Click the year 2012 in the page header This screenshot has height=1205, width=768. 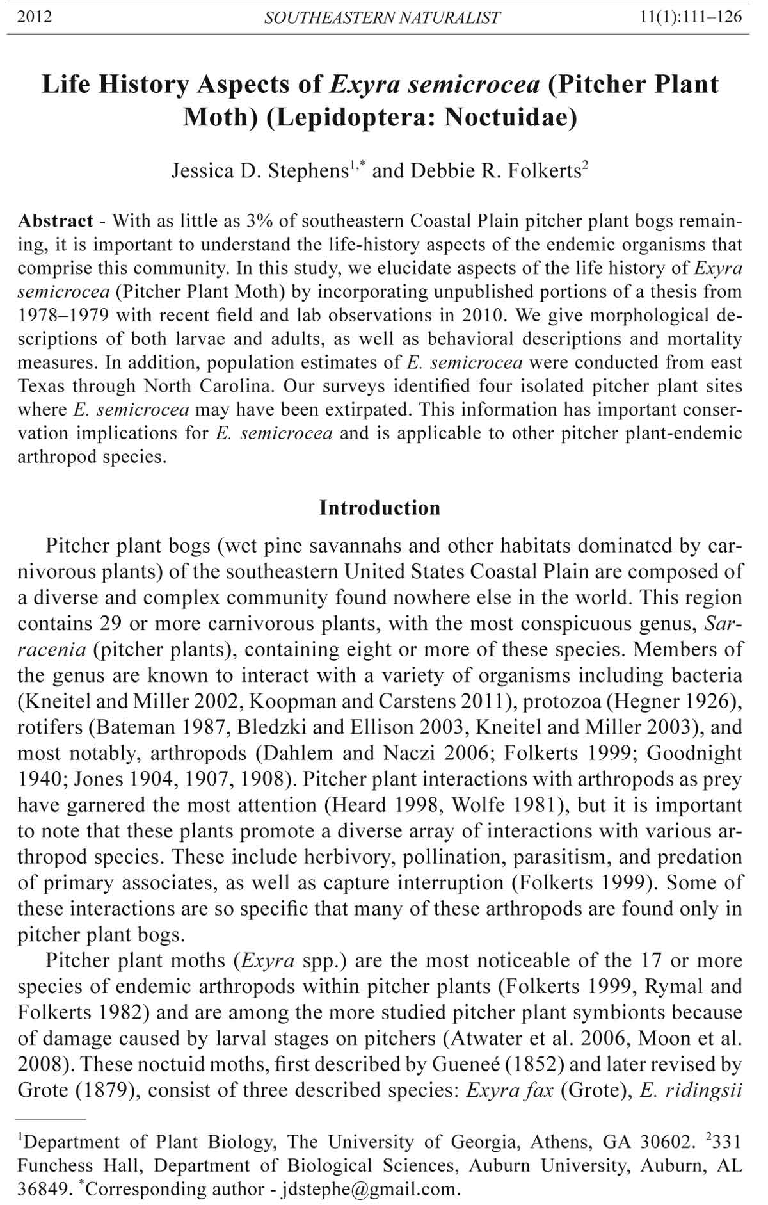pos(35,17)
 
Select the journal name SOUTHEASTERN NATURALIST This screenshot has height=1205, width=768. pos(382,18)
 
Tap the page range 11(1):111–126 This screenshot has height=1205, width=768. pos(691,17)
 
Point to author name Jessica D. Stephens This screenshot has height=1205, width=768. pos(259,171)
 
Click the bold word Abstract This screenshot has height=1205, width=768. pos(56,221)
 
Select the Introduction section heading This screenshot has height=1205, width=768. pos(380,508)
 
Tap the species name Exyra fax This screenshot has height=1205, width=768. pos(509,1090)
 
